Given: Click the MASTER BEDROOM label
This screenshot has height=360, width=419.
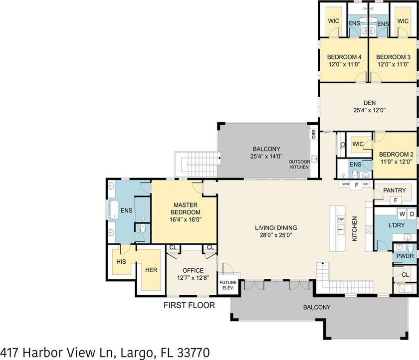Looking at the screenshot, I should (x=186, y=209).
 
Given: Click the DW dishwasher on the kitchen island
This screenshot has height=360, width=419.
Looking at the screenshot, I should (x=341, y=219).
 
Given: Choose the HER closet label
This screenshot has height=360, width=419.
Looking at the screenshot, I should (x=151, y=270).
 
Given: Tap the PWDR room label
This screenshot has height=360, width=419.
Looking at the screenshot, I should (x=405, y=256).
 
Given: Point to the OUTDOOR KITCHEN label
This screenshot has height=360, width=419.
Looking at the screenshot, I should (x=299, y=164).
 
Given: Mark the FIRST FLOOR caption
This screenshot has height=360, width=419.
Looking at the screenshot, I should (x=190, y=305).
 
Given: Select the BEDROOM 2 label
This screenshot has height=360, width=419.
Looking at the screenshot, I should (x=396, y=155).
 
